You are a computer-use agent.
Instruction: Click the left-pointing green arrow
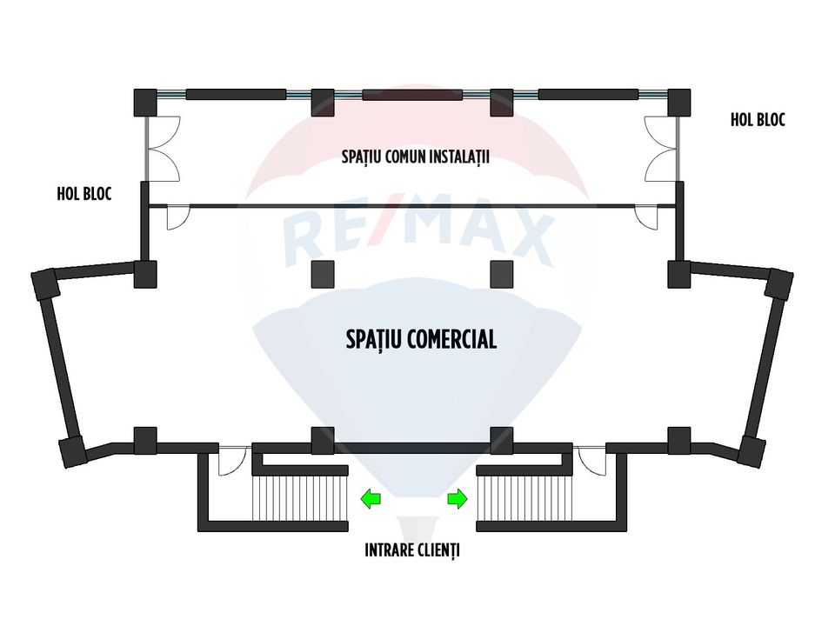(371, 499)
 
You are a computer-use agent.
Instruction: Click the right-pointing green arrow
(458, 499)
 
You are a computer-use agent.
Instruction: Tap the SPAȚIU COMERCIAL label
(421, 340)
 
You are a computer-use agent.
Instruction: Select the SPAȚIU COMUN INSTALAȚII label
(416, 156)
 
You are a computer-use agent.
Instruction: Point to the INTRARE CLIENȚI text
(412, 549)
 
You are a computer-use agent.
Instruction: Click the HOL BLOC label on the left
(84, 194)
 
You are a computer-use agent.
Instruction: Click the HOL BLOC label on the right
(758, 120)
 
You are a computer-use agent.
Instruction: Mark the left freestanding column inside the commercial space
(322, 274)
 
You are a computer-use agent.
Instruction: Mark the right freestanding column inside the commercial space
(501, 274)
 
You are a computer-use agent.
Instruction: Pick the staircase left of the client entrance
(299, 498)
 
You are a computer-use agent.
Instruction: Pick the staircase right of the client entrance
(524, 498)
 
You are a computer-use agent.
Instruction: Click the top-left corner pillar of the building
(145, 103)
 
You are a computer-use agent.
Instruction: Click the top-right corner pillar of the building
(679, 103)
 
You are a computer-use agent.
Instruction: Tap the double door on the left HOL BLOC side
(163, 149)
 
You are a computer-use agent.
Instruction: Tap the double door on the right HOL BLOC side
(662, 149)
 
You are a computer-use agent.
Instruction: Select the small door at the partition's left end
(178, 217)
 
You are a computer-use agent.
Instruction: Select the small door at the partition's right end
(646, 217)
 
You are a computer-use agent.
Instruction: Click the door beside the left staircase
(232, 461)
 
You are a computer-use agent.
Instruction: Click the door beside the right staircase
(592, 461)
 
